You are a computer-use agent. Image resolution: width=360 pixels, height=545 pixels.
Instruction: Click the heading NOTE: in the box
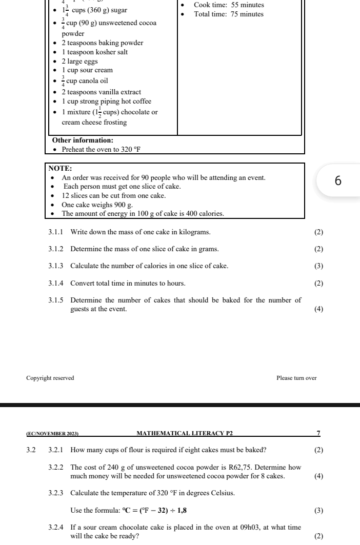[x=60, y=168]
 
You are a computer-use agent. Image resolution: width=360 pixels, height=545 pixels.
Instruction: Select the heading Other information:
[x=83, y=140]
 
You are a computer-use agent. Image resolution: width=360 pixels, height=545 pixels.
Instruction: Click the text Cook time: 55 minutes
[x=229, y=5]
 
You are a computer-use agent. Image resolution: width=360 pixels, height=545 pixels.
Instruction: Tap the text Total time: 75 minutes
[x=229, y=14]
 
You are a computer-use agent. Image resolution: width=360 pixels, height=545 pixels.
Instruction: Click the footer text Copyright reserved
[x=50, y=378]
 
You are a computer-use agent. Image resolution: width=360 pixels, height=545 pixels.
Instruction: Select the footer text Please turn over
[x=296, y=378]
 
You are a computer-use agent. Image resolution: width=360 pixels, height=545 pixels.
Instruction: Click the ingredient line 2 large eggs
[x=79, y=61]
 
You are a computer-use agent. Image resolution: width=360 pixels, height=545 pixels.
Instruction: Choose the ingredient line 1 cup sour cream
[x=87, y=70]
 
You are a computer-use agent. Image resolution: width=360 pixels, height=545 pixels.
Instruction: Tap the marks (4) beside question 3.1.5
[x=318, y=309]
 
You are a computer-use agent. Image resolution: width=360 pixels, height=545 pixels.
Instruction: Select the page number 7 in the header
[x=318, y=434]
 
